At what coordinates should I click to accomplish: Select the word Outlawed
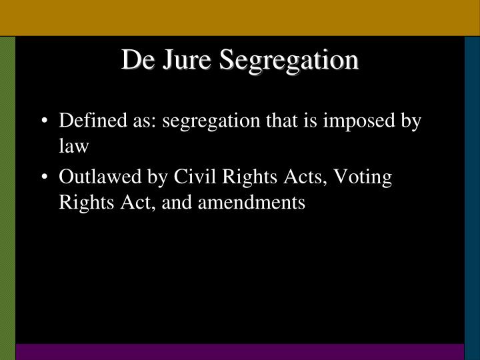[x=91, y=178]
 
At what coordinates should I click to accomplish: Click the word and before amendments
[x=185, y=201]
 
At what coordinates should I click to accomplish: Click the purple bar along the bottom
[x=240, y=352]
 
